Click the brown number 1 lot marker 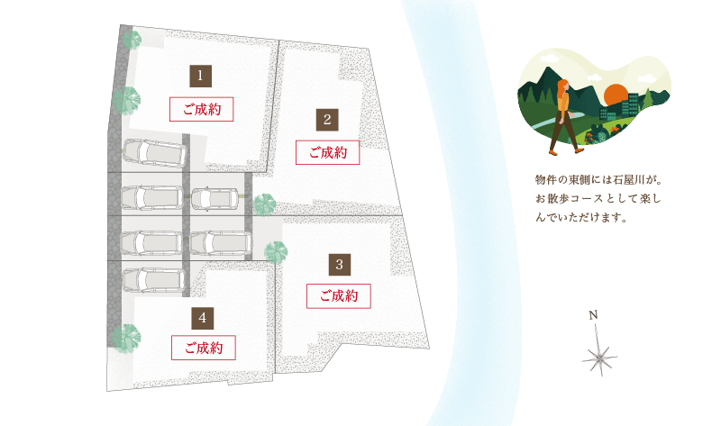(200, 76)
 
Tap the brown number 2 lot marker (327, 120)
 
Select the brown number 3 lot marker (340, 264)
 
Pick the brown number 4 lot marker (203, 318)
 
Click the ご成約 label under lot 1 (201, 109)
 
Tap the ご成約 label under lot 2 (327, 152)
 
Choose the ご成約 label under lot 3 (339, 295)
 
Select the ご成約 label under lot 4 (204, 348)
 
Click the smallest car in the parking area (214, 199)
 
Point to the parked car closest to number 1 (154, 152)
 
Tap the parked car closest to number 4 (154, 280)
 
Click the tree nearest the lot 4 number (125, 339)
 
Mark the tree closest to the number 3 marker (276, 253)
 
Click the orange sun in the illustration (616, 96)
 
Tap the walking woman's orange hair (561, 91)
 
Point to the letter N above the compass (593, 315)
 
